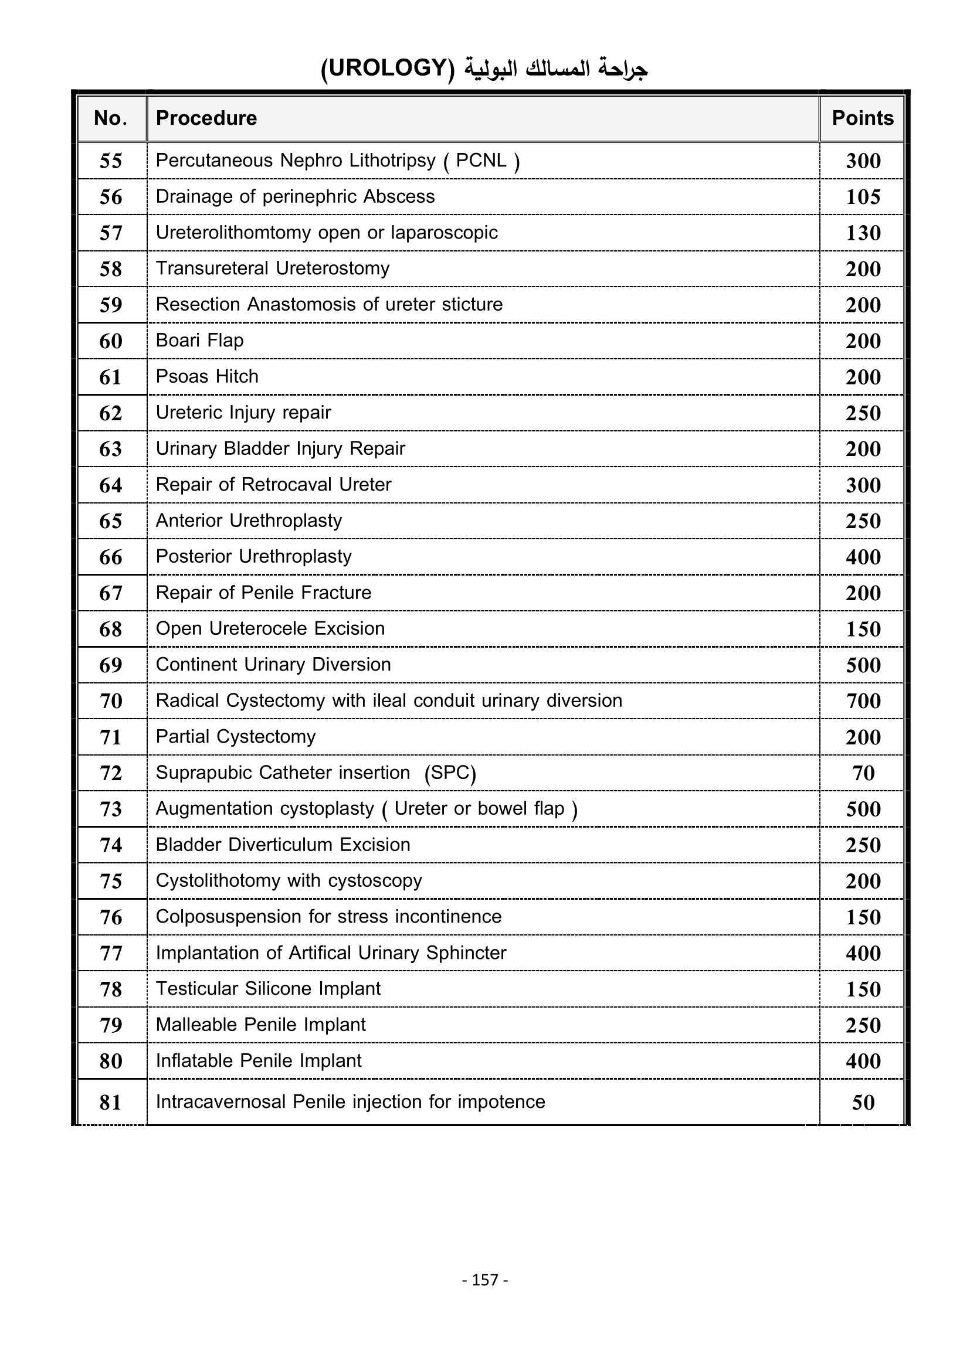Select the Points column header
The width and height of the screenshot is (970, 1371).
pos(863,118)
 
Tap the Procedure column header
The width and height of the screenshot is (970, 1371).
pos(206,118)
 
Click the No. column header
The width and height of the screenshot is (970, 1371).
pos(110,118)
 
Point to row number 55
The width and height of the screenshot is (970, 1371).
pos(110,161)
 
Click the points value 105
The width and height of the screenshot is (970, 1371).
pos(863,197)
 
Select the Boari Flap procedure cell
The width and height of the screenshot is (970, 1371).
pos(199,341)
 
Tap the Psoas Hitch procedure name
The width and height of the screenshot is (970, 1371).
pos(206,377)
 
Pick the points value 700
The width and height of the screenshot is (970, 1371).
pos(863,701)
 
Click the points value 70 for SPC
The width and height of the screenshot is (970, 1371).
pos(863,773)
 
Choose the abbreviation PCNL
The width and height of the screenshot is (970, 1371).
pos(481,161)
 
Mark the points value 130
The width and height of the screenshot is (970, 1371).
pos(863,233)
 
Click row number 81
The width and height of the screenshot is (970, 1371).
pos(110,1103)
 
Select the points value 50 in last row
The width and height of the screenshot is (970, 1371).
pos(863,1103)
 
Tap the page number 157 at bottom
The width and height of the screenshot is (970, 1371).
pos(485,1280)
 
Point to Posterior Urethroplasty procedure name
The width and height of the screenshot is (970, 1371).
pos(253,556)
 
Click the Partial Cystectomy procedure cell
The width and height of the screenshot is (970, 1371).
pos(235,737)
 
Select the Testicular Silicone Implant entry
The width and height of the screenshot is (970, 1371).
pos(267,989)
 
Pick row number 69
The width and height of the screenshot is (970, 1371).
pos(110,665)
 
